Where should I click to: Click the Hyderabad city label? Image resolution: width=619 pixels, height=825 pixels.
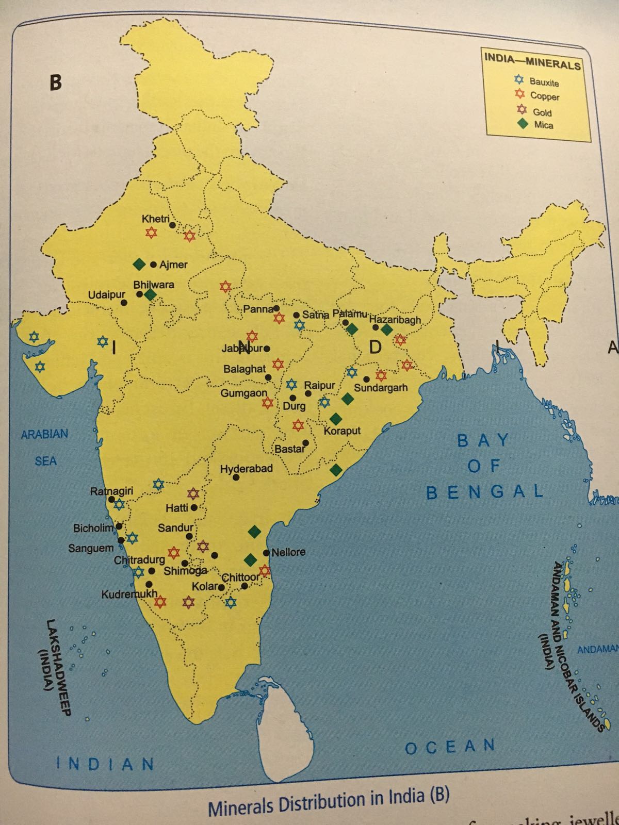point(246,469)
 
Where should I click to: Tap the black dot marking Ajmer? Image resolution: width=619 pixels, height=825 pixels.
point(153,265)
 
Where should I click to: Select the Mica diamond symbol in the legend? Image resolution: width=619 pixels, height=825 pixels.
point(523,124)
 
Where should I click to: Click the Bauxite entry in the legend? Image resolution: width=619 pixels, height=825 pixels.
point(544,82)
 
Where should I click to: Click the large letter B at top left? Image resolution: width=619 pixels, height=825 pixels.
point(55,82)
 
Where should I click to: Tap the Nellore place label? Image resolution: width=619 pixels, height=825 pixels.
point(288,552)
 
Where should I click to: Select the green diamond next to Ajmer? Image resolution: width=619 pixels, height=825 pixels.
point(138,264)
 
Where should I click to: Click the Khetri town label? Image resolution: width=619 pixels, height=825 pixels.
point(155,219)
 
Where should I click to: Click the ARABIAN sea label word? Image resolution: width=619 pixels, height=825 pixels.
point(44,434)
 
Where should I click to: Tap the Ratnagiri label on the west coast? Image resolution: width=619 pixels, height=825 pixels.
point(111,491)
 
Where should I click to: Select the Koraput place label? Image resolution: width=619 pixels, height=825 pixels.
point(342,431)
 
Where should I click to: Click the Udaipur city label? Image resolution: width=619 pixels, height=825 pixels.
point(107,294)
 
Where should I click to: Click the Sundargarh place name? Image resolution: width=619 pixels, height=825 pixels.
point(381,388)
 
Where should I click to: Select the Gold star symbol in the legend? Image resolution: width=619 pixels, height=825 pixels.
point(523,110)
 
